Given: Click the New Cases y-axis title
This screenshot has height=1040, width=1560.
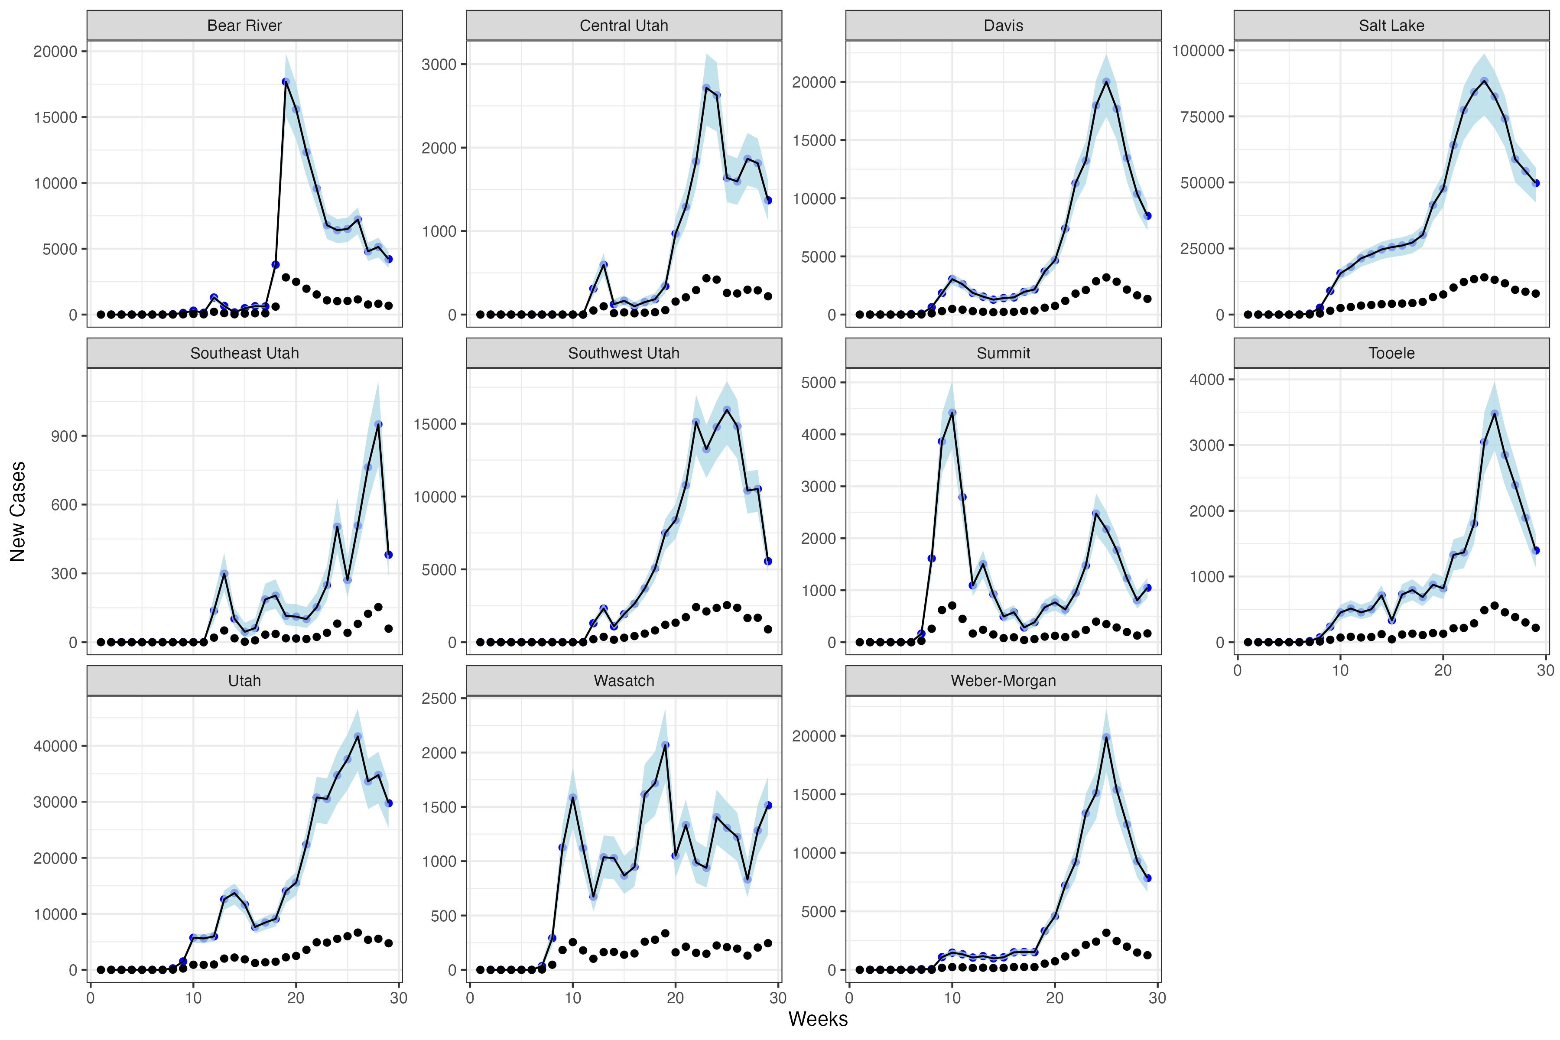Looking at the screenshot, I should click(18, 511).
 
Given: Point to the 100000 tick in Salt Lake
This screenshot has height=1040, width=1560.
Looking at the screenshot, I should click(1198, 50).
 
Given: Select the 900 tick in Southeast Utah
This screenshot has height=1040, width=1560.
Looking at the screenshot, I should click(64, 436).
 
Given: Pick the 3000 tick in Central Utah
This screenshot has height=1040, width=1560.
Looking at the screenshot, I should click(439, 64).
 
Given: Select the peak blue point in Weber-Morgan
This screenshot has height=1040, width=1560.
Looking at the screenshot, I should click(1106, 737).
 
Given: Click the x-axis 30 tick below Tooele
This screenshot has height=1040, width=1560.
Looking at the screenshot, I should click(1545, 670).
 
